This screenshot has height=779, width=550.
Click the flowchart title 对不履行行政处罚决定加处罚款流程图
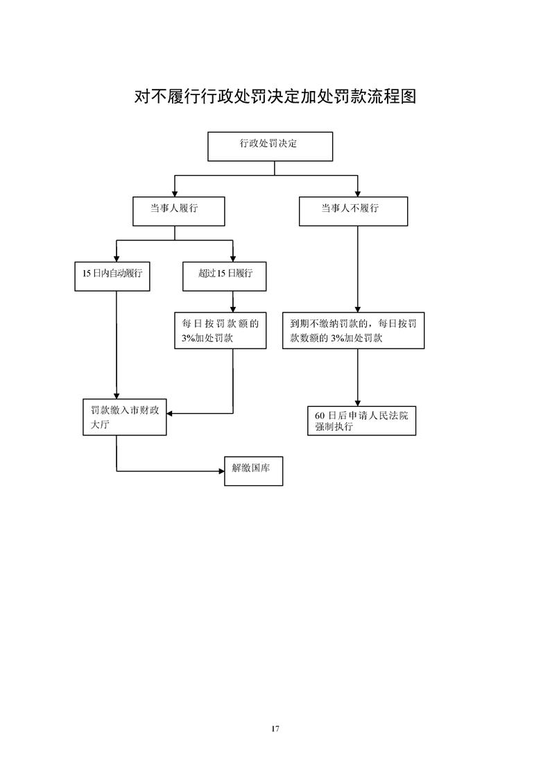pyautogui.click(x=275, y=97)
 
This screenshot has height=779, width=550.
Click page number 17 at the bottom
pyautogui.click(x=275, y=729)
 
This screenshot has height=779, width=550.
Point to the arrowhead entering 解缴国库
pyautogui.click(x=221, y=471)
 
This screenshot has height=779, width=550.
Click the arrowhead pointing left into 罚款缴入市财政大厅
pyautogui.click(x=169, y=413)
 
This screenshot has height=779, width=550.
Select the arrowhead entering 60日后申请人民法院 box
pyautogui.click(x=357, y=403)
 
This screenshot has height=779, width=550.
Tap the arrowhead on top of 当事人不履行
pyautogui.click(x=357, y=194)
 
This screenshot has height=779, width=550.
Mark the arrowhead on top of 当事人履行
pyautogui.click(x=175, y=194)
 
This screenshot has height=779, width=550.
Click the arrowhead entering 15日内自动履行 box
pyautogui.click(x=117, y=259)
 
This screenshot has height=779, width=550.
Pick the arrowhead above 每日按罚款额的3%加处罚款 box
pyautogui.click(x=233, y=309)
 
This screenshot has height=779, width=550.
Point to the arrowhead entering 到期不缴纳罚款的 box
pyautogui.click(x=357, y=309)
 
